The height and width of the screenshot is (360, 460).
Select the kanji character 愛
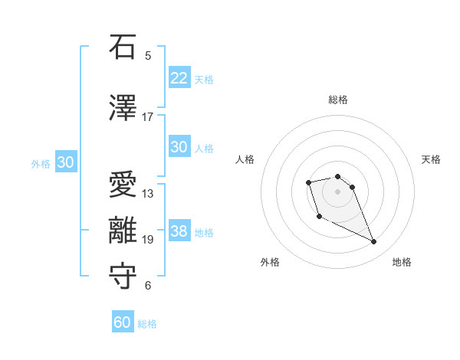tap(123, 185)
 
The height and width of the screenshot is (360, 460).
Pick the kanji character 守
tap(123, 277)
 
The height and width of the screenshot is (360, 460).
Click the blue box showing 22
tap(179, 77)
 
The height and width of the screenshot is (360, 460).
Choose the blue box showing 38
tap(179, 231)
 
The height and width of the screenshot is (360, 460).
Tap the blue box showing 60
tap(123, 322)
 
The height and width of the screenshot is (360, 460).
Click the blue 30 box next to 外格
tap(65, 162)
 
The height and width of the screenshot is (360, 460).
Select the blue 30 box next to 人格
tap(179, 147)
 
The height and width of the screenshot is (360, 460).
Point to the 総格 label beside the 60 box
tap(147, 324)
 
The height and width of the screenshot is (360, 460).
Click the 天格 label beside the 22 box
tap(204, 79)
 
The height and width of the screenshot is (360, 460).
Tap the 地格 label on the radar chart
tap(402, 262)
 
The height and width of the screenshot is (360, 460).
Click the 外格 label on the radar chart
tap(270, 262)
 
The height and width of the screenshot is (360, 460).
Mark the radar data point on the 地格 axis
tap(374, 242)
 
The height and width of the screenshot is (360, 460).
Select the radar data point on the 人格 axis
tap(308, 182)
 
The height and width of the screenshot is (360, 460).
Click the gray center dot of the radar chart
tap(337, 191)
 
